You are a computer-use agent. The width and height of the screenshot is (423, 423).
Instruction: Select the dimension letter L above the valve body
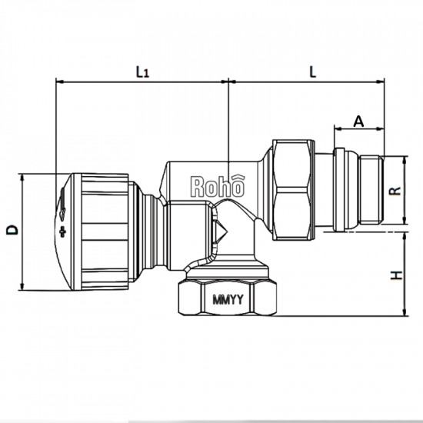click(x=312, y=71)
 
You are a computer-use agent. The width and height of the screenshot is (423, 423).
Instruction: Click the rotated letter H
click(x=394, y=275)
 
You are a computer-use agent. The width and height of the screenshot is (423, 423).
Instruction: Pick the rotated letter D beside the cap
click(x=12, y=230)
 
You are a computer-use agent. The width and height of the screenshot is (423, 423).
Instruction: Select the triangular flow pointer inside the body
click(x=219, y=229)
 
